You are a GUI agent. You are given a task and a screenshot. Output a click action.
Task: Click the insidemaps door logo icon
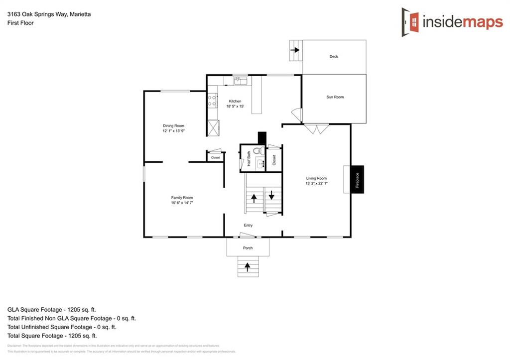[x=411, y=22]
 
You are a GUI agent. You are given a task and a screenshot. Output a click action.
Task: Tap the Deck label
[x=334, y=57]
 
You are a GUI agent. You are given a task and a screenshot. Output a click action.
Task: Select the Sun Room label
[x=335, y=97]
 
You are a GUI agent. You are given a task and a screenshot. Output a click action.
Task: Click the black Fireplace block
[x=357, y=179]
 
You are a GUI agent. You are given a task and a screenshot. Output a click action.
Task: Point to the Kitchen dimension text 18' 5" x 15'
[x=235, y=106]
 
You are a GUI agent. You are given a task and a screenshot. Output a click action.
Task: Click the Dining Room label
[x=173, y=125]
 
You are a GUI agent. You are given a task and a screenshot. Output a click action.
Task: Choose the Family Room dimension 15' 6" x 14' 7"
[x=182, y=203]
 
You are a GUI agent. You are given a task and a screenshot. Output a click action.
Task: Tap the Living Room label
[x=316, y=178]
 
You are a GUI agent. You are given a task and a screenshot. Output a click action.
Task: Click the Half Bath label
[x=249, y=161]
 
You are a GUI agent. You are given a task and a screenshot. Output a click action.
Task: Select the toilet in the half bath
[x=257, y=150]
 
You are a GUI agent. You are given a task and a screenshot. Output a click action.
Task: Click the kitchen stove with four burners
[x=212, y=101]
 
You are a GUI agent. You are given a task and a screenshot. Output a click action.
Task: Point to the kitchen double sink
[x=241, y=80]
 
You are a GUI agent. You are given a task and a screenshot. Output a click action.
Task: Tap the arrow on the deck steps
[x=295, y=50]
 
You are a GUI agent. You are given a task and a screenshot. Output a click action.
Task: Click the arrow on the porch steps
[x=248, y=269]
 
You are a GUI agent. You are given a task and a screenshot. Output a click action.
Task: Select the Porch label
[x=248, y=248]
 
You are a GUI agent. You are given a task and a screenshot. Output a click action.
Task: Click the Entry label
[x=248, y=226]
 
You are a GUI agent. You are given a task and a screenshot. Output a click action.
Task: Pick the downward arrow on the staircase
[x=271, y=195]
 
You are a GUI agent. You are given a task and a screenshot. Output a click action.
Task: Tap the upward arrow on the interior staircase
[x=254, y=198]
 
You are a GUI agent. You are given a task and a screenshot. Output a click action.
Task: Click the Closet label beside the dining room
[x=215, y=157]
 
